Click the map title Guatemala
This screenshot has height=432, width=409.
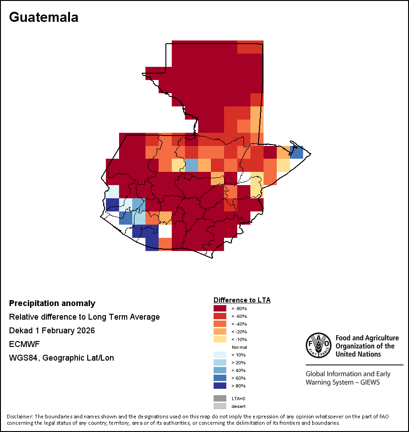pos(44,17)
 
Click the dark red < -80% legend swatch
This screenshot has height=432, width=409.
pos(220,308)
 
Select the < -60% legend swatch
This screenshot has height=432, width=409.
pos(220,316)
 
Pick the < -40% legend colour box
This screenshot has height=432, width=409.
pos(220,324)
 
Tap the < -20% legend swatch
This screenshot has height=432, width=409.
pos(220,332)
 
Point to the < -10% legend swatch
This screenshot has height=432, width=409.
pos(220,339)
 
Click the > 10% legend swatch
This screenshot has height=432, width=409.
pos(220,355)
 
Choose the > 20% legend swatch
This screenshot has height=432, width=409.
pos(220,362)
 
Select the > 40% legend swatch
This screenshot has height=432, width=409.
pos(220,370)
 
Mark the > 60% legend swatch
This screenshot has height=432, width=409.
pos(220,378)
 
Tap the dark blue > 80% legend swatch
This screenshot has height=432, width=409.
pos(220,386)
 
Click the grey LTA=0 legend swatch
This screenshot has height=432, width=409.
pos(220,398)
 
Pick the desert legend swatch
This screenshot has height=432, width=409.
pos(220,406)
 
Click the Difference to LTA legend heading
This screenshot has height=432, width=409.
pos(242,300)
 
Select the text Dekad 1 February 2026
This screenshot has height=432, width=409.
pos(52,331)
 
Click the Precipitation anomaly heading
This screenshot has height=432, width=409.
pos(52,303)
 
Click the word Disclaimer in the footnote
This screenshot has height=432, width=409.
pos(20,417)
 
